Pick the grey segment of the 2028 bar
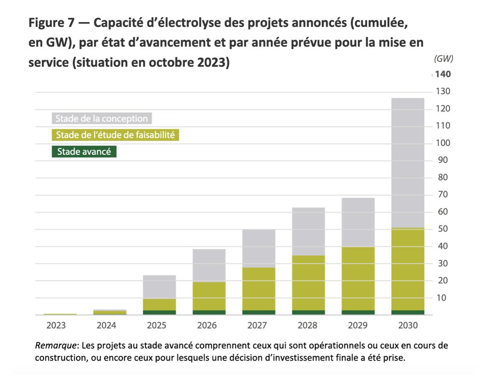[308, 232]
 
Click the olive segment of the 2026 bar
[209, 296]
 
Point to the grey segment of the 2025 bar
[159, 287]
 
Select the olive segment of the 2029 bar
[358, 279]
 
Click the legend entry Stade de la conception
[102, 119]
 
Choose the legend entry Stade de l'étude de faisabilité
[115, 135]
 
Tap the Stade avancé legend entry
[84, 151]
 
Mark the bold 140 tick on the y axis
[443, 75]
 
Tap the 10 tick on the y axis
[441, 298]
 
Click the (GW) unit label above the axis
[443, 59]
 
